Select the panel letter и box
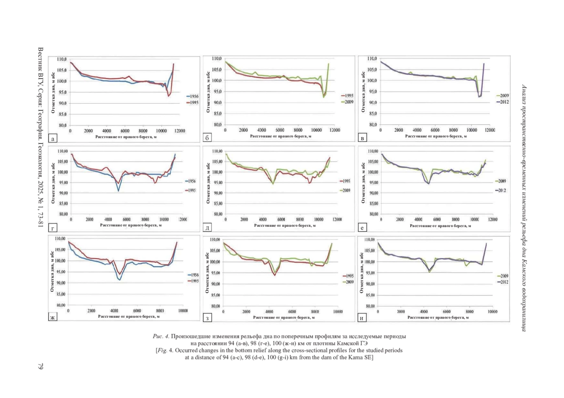tap(362, 319)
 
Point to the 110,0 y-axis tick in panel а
tap(62, 59)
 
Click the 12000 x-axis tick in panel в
tap(490, 130)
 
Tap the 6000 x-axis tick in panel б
tap(280, 130)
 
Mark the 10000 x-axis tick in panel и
tap(492, 311)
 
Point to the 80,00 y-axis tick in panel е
tap(373, 214)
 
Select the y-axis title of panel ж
tap(52, 272)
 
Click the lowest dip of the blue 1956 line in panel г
tap(118, 191)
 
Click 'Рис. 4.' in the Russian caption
tap(161, 337)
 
